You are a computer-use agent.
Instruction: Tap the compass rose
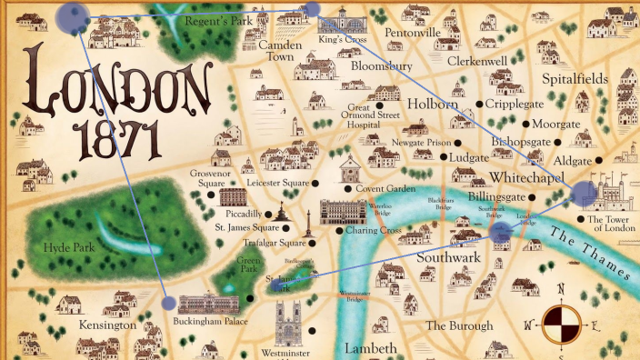coord(561,323)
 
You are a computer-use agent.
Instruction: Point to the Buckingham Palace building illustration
coord(211,305)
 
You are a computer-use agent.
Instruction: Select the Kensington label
coord(106,325)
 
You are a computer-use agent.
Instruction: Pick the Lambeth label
coord(370,349)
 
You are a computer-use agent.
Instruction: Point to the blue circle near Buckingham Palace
coord(167,304)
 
